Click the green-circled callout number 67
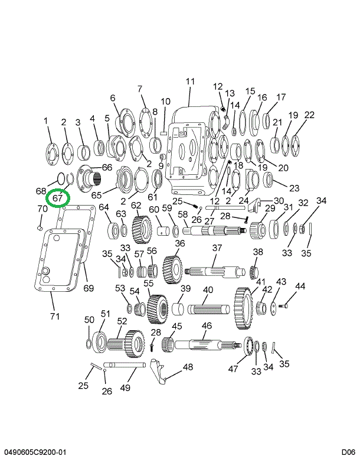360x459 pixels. (x=57, y=198)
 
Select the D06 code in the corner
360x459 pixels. (x=345, y=453)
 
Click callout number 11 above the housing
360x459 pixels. (x=190, y=81)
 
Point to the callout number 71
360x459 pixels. (x=54, y=316)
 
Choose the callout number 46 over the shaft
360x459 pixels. (x=207, y=325)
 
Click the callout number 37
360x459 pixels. (x=217, y=248)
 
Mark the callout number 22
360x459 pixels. (x=309, y=115)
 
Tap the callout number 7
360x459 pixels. (x=140, y=89)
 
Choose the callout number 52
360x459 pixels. (x=122, y=321)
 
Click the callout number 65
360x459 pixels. (x=96, y=194)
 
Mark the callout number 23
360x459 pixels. (x=294, y=188)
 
